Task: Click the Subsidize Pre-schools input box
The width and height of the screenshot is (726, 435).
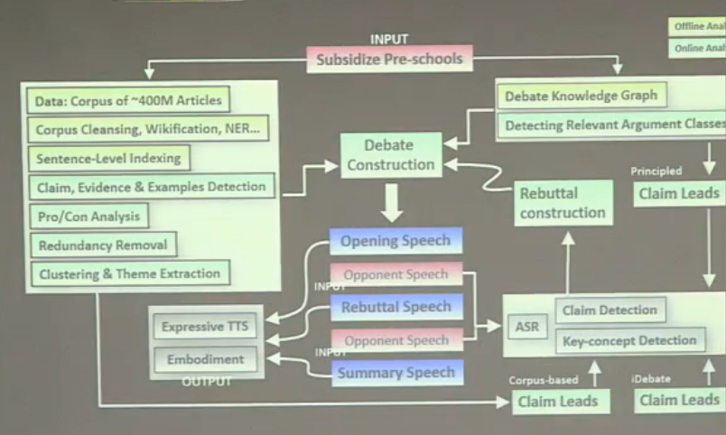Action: click(388, 60)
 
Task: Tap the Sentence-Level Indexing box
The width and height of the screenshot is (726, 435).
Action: click(108, 158)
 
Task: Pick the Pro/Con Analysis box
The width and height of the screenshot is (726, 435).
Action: click(88, 217)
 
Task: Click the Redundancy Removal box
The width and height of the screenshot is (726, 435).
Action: click(102, 245)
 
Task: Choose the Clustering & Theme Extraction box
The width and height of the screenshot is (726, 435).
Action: click(128, 273)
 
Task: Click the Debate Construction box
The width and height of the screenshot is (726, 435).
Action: click(391, 154)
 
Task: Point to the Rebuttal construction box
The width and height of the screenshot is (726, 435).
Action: click(563, 203)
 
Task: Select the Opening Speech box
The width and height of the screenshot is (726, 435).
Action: click(396, 240)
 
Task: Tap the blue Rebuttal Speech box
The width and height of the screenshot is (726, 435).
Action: click(396, 307)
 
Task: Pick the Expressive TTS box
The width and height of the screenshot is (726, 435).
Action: click(205, 327)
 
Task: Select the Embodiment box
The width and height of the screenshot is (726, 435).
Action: click(205, 359)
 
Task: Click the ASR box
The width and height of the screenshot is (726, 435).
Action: click(526, 326)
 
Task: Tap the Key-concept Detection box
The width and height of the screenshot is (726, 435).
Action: click(629, 340)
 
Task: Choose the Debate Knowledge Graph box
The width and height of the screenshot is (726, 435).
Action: click(581, 95)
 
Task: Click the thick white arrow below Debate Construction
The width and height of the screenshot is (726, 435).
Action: click(391, 203)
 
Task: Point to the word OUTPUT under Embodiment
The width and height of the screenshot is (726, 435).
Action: click(207, 382)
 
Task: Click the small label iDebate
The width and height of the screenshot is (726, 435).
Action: click(650, 380)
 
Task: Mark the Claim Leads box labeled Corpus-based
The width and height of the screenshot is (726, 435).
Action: click(551, 400)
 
